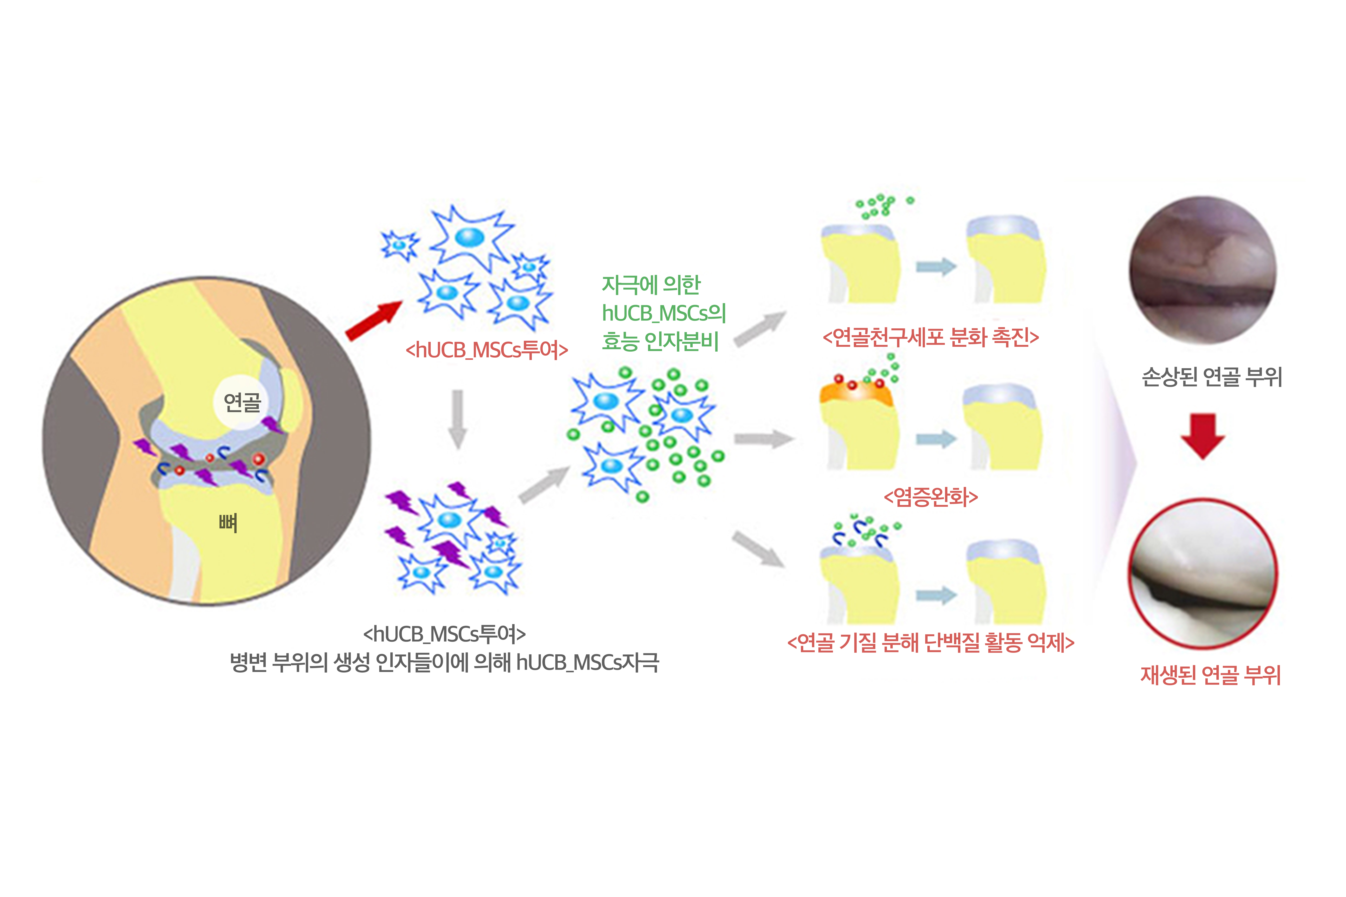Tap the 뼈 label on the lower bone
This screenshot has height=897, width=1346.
click(228, 522)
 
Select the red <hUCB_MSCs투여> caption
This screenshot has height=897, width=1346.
click(487, 350)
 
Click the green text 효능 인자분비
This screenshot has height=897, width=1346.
click(660, 342)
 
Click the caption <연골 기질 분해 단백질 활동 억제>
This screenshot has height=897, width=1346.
click(931, 643)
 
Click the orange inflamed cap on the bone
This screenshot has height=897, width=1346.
click(855, 394)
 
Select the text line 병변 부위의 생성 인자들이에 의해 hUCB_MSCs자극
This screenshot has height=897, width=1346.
click(444, 663)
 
